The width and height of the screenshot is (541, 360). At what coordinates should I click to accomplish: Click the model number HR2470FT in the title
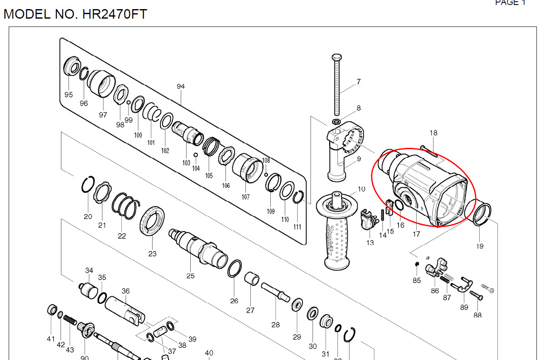coord(115,14)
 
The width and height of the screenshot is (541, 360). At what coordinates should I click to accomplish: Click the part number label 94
coord(180,87)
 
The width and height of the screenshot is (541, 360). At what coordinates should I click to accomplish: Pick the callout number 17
coord(416,234)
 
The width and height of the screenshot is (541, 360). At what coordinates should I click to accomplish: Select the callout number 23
coord(153,254)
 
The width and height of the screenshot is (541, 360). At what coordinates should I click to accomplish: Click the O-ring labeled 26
coord(235,269)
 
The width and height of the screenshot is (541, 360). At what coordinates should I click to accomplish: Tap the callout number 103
coord(186,163)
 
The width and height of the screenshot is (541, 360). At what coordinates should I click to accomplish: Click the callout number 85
coord(417,280)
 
